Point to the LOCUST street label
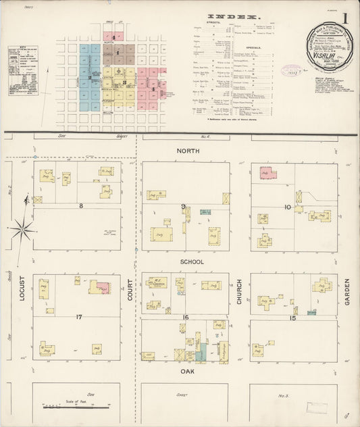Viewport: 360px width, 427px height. point(22,297)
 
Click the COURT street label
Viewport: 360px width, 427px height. point(131,297)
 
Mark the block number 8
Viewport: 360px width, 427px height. point(80,205)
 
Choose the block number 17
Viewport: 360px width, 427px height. point(79,316)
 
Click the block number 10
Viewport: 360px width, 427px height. point(287,206)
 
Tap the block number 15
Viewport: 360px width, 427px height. point(293,318)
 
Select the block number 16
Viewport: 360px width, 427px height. point(184,317)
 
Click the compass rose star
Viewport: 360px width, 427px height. point(23,230)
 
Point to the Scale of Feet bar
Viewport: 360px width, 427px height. point(76,407)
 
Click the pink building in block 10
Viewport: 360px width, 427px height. point(268,173)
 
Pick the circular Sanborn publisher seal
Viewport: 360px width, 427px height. point(329,47)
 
